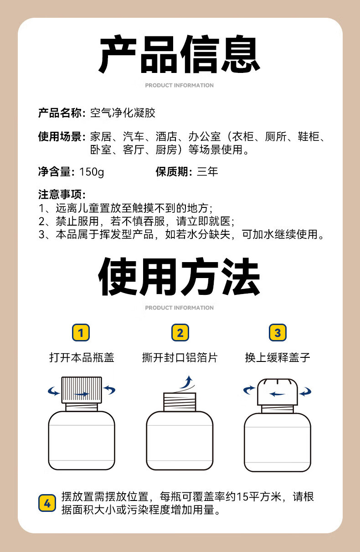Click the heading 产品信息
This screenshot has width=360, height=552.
click(x=179, y=54)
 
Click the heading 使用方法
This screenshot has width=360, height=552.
click(x=179, y=276)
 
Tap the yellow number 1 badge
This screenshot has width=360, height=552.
click(x=81, y=332)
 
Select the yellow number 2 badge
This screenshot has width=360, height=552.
click(x=180, y=332)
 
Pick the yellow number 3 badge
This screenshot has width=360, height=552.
click(x=278, y=332)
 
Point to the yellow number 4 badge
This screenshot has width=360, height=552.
click(x=47, y=503)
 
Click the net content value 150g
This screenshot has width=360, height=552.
click(x=92, y=172)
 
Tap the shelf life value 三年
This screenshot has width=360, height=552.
click(x=207, y=171)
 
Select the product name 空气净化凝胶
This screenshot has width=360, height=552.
click(x=123, y=113)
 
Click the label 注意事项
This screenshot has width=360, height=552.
click(x=62, y=194)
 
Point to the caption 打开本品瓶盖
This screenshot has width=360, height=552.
click(x=82, y=357)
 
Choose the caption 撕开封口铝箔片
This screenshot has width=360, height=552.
click(x=180, y=357)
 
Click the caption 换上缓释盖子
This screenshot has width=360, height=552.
click(x=278, y=357)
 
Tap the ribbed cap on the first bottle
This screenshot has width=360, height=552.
click(x=82, y=390)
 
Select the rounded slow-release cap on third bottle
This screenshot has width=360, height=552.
click(x=278, y=392)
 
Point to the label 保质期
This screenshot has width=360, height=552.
click(x=174, y=171)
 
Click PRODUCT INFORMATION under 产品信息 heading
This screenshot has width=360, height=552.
click(x=180, y=85)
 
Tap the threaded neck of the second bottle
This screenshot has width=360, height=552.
click(x=180, y=402)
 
